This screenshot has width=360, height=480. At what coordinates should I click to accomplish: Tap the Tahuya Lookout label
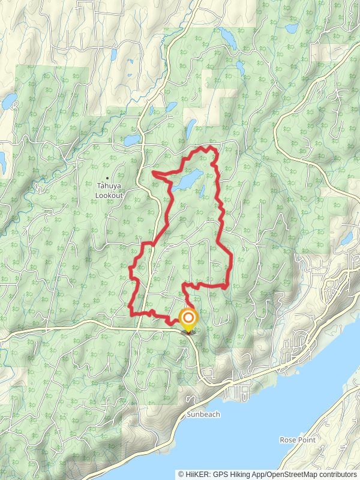pyautogui.click(x=109, y=191)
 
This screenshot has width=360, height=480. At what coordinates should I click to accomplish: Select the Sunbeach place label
pyautogui.click(x=203, y=415)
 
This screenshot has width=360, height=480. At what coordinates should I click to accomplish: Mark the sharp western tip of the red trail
pyautogui.click(x=153, y=173)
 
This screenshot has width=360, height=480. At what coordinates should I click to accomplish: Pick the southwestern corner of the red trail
pyautogui.click(x=131, y=313)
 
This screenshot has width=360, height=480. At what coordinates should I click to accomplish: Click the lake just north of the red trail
pyautogui.click(x=191, y=127)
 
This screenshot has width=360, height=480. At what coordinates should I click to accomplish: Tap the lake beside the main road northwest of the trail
pyautogui.click(x=130, y=141)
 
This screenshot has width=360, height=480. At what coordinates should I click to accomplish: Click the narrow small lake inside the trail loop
pyautogui.click(x=203, y=192)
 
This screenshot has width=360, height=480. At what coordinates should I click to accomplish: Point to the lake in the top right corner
pyautogui.click(x=292, y=28)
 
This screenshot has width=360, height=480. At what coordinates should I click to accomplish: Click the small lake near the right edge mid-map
pyautogui.click(x=347, y=239)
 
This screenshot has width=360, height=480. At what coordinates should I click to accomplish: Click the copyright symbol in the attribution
pyautogui.click(x=181, y=474)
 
